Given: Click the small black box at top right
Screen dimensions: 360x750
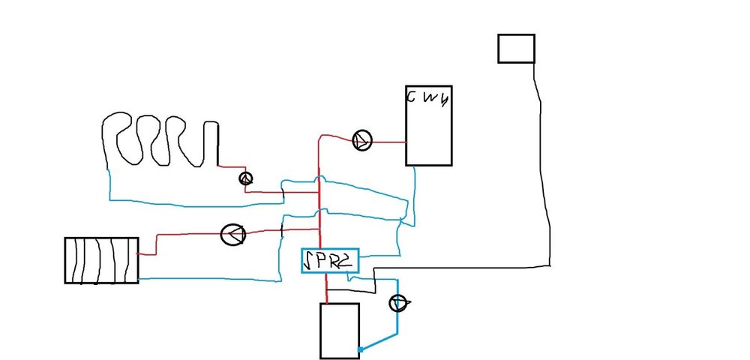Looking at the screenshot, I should click(x=517, y=48).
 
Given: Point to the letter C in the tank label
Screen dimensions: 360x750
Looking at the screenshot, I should click(x=412, y=97).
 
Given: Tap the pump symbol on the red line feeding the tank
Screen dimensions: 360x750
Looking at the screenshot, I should click(x=362, y=140).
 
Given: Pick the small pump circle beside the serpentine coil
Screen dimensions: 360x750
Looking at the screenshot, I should click(x=245, y=178).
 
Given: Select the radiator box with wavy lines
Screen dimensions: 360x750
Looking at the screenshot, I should click(x=101, y=259).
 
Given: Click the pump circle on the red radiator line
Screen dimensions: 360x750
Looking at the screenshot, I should click(x=233, y=234).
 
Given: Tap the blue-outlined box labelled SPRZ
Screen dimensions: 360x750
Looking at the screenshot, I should click(x=330, y=261).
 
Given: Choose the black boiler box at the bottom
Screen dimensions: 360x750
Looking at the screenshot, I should click(x=340, y=331).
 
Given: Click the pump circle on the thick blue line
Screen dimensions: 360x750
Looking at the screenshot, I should click(x=398, y=302).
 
